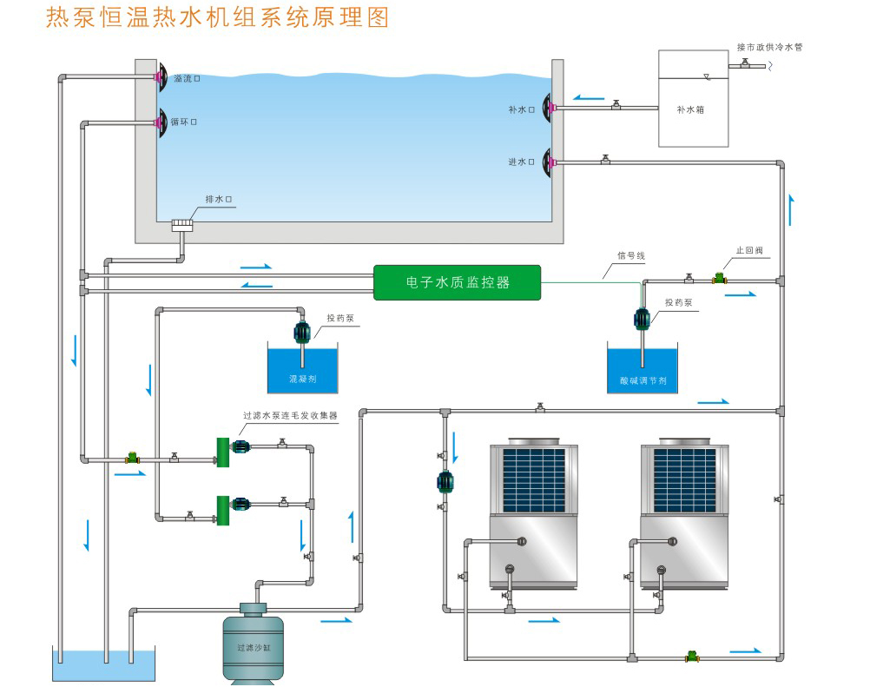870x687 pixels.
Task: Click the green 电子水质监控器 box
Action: [x=457, y=282]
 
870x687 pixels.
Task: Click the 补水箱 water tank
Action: [x=692, y=98]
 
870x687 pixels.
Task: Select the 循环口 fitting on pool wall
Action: [x=160, y=122]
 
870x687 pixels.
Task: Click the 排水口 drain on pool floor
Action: [x=182, y=225]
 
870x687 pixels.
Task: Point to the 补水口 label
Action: [x=521, y=109]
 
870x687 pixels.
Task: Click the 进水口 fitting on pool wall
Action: [x=549, y=162]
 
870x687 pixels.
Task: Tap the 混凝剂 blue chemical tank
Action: [x=302, y=370]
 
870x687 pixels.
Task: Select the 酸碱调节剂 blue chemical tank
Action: [x=643, y=369]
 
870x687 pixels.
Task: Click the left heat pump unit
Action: [x=533, y=516]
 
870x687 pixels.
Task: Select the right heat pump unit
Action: [x=683, y=516]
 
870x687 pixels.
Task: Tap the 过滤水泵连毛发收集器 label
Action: [x=290, y=416]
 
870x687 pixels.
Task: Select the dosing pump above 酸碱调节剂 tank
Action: [x=643, y=320]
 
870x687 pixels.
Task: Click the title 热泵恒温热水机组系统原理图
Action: [x=217, y=17]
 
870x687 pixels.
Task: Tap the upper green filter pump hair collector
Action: [x=222, y=448]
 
